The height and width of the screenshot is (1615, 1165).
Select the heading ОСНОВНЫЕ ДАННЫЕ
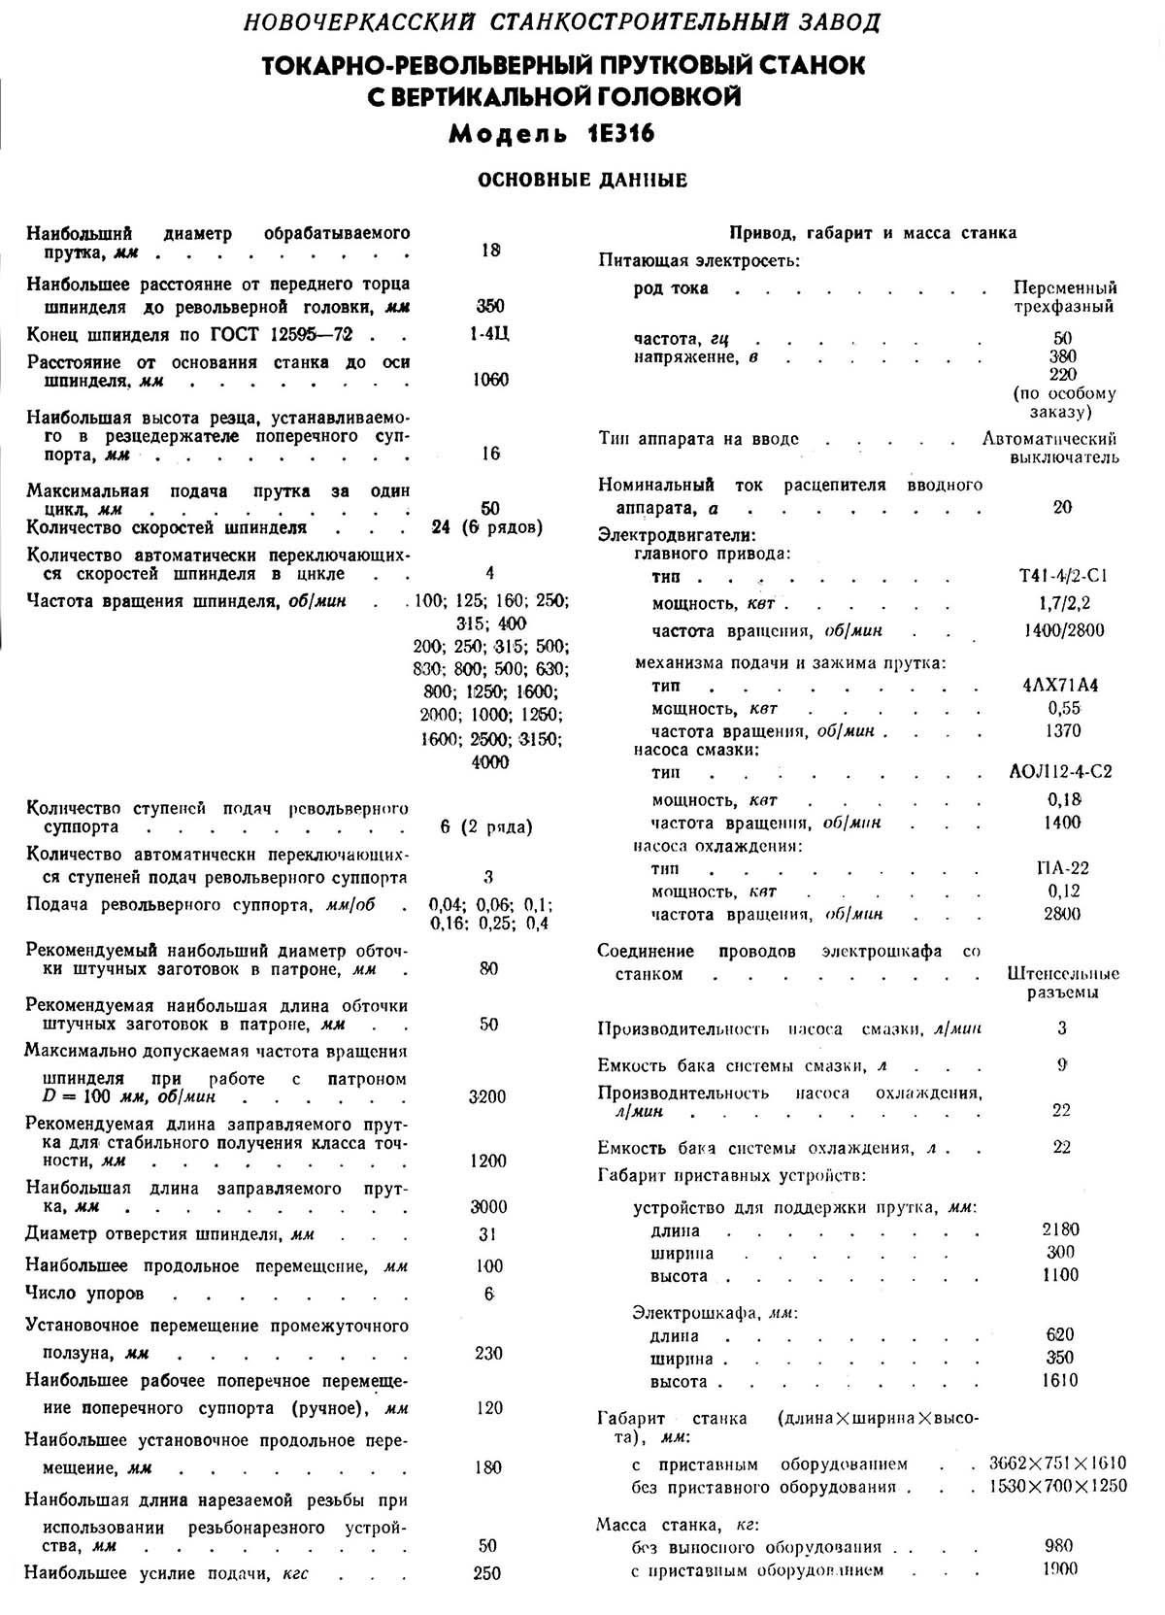[582, 181]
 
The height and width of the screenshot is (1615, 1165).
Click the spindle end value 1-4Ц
[488, 334]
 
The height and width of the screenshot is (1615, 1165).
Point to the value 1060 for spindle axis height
[490, 380]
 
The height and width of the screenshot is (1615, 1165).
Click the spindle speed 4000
[489, 762]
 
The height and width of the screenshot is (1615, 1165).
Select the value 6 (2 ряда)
[486, 827]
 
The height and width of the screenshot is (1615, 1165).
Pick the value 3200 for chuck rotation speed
[487, 1097]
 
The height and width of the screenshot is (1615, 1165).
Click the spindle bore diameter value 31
[487, 1234]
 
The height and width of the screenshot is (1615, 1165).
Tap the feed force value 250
[487, 1573]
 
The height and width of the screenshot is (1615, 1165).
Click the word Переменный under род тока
[1065, 288]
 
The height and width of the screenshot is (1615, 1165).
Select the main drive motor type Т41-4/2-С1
[1064, 576]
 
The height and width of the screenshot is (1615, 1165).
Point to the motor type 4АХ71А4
[1060, 686]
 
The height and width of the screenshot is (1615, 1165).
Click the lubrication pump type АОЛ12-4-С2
[1061, 772]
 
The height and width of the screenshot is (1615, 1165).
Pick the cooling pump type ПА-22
[1062, 868]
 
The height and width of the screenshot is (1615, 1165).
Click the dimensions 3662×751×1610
[1057, 1464]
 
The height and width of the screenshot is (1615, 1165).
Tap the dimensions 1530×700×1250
[1059, 1487]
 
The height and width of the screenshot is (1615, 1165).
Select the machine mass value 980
[1060, 1546]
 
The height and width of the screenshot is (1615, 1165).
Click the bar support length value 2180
[1060, 1229]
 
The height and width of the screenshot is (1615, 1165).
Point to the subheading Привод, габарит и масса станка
[873, 233]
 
